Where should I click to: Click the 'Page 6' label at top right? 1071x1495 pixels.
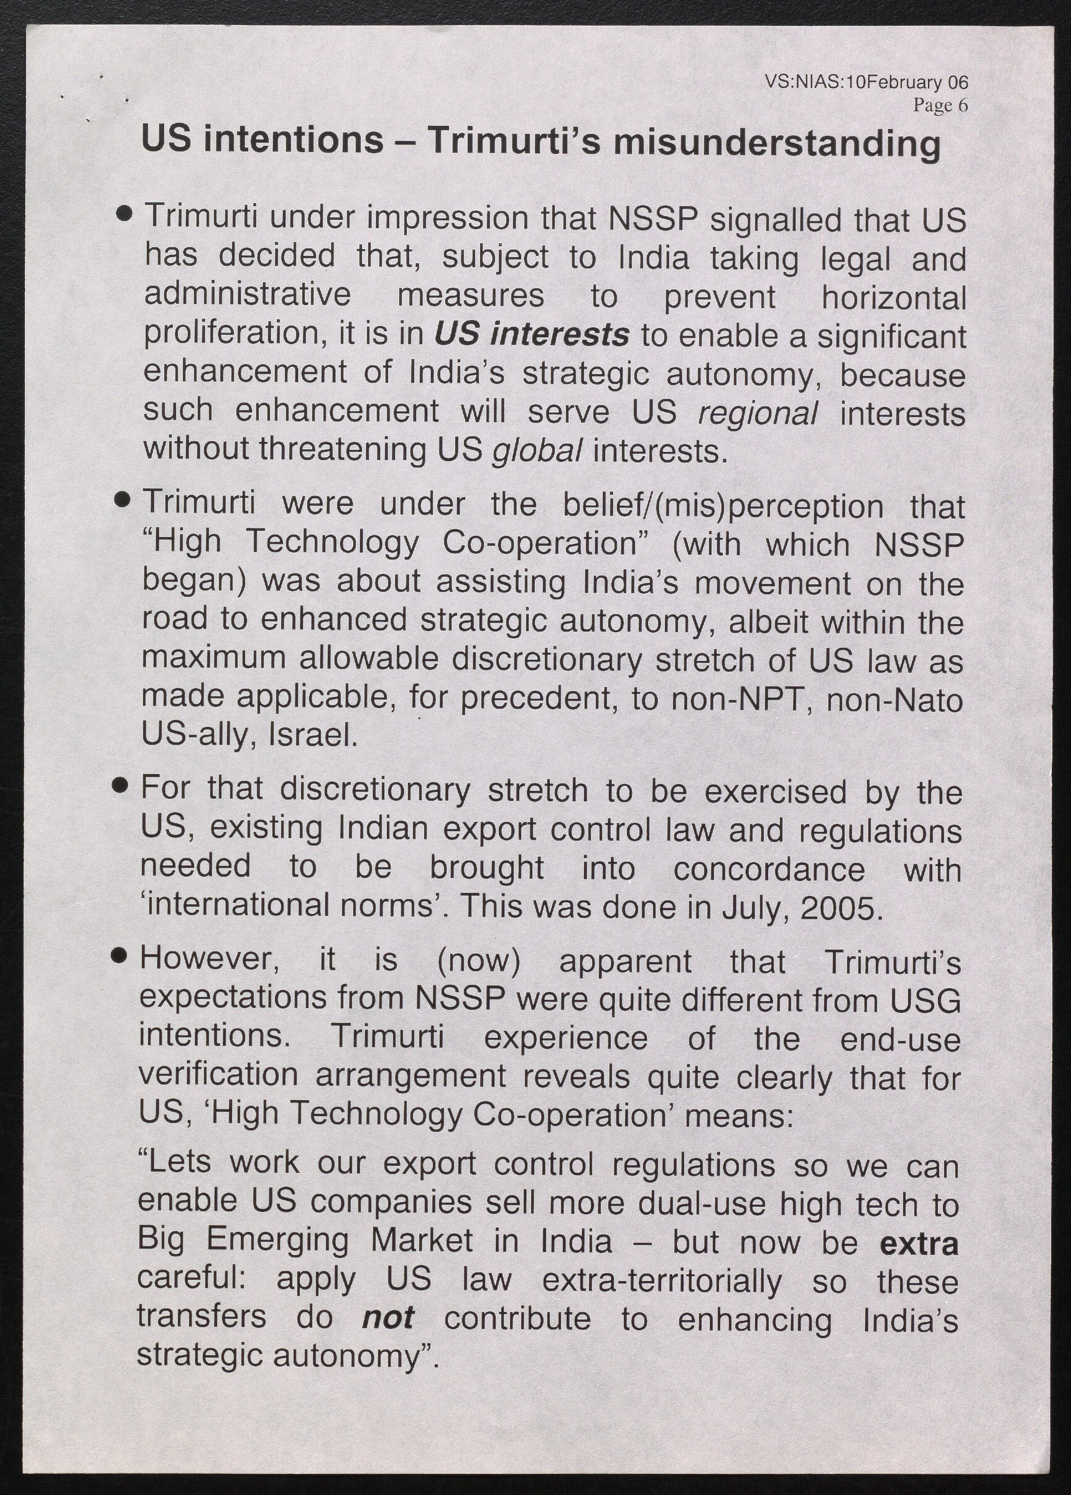pos(940,105)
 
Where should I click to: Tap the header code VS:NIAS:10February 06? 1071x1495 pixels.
pos(866,83)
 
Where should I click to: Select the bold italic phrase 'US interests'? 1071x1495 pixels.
pos(531,334)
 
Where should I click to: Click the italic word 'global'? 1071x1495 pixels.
pos(537,451)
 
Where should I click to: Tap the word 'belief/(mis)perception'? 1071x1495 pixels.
pos(723,506)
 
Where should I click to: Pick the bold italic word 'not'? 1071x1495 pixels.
pos(388,1318)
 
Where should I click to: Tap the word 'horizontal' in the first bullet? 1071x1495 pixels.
pos(893,297)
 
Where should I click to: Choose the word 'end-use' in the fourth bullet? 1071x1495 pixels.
pos(900,1040)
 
